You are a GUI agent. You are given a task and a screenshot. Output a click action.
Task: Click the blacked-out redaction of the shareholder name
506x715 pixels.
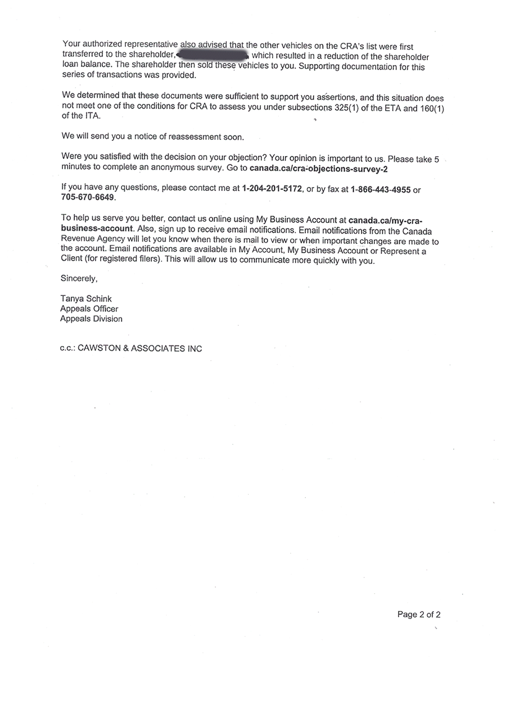click(213, 55)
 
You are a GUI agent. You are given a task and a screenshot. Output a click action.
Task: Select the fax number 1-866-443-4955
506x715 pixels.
click(381, 190)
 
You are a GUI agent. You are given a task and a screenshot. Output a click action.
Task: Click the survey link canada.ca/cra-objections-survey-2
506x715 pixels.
click(319, 168)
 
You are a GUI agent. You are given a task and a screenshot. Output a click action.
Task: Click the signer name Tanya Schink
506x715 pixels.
click(86, 299)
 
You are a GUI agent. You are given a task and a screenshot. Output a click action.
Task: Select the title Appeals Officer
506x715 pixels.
click(89, 309)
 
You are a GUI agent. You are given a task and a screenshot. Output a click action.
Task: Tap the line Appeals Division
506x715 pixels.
click(91, 318)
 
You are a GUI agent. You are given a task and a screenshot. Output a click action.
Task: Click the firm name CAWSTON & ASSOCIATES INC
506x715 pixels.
click(139, 348)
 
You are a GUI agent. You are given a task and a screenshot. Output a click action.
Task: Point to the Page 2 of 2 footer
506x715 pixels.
click(419, 614)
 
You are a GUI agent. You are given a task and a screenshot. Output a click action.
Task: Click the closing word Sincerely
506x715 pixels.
click(79, 278)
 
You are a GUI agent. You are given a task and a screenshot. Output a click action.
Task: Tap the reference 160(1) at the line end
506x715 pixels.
click(432, 108)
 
